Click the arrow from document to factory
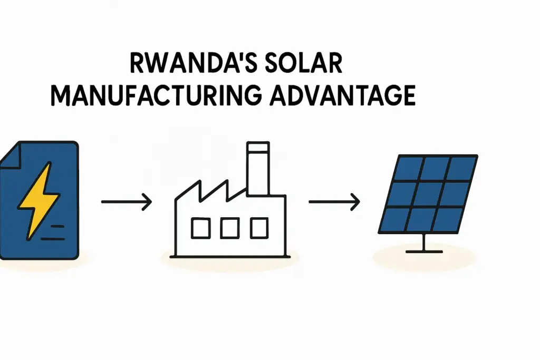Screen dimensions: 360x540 tap(127, 202)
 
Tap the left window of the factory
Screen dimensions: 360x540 tap(200, 228)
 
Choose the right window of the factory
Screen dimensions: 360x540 tap(259, 228)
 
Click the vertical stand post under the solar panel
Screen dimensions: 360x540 tap(423, 241)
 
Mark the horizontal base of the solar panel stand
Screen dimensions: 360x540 tap(423, 251)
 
